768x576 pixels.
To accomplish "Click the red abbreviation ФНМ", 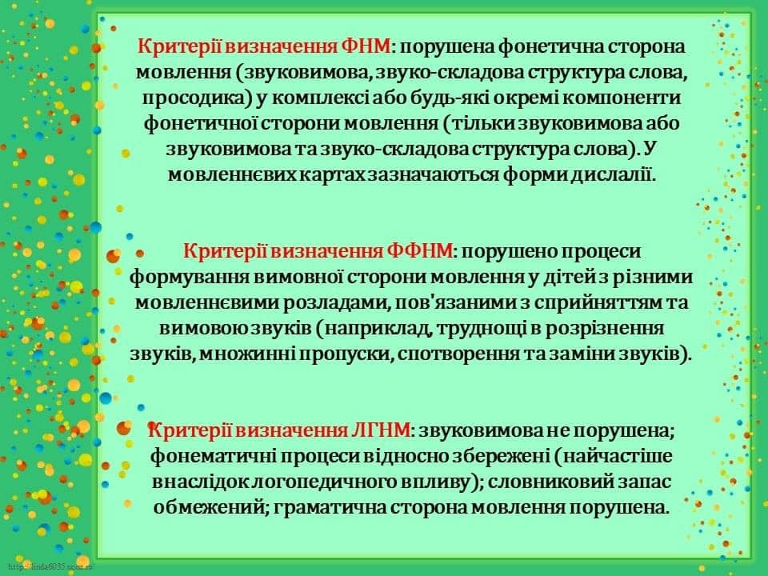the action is (366, 46).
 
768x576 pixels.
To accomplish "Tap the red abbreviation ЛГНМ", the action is (381, 430).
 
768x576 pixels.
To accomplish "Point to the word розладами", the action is (338, 302).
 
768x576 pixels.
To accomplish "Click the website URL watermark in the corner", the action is (50, 566).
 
